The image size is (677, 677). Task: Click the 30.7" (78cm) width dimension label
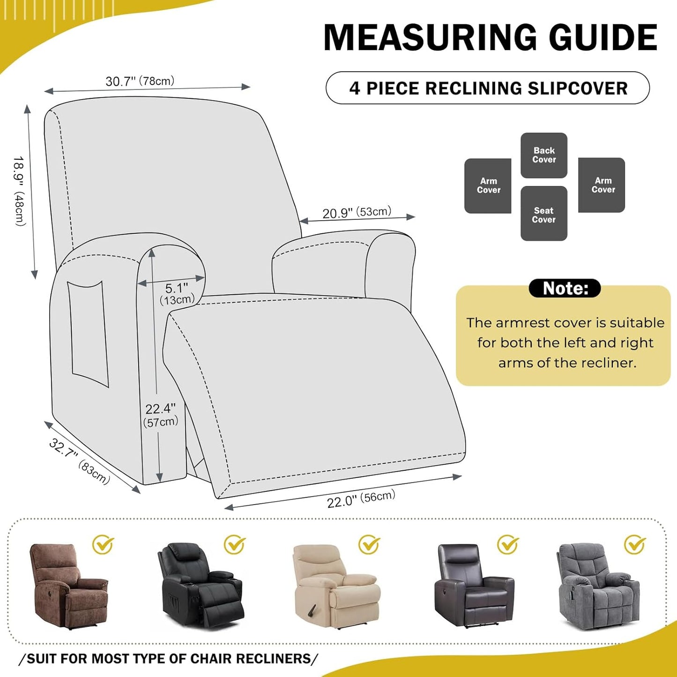pyautogui.click(x=140, y=81)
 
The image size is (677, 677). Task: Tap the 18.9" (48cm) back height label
pyautogui.click(x=20, y=191)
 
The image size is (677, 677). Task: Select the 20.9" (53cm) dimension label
pyautogui.click(x=357, y=213)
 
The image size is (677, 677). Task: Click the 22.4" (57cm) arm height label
pyautogui.click(x=160, y=415)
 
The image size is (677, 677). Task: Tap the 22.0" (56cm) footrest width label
pyautogui.click(x=361, y=499)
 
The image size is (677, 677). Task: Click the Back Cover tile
pyautogui.click(x=543, y=155)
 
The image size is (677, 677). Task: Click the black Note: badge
pyautogui.click(x=565, y=288)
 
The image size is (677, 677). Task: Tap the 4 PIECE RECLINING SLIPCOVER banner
pyautogui.click(x=488, y=88)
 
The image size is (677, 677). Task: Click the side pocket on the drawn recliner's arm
pyautogui.click(x=88, y=333)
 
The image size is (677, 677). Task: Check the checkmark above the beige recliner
pyautogui.click(x=369, y=544)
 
